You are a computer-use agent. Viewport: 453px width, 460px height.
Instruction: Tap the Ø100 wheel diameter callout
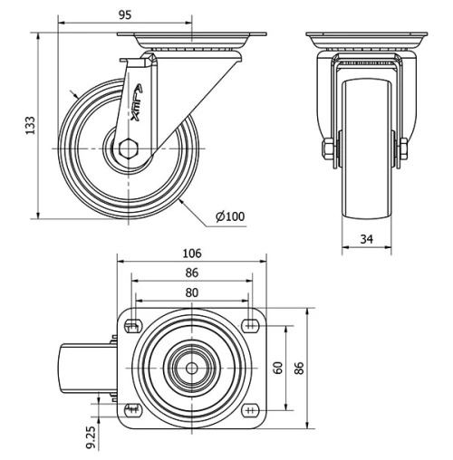tap(230, 216)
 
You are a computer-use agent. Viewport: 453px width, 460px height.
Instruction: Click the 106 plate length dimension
tap(191, 254)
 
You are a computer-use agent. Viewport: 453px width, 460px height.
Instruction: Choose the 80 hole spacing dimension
tap(191, 292)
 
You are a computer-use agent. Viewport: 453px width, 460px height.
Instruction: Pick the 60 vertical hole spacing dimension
tap(279, 367)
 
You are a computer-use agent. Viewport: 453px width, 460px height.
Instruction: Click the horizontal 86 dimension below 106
tap(191, 273)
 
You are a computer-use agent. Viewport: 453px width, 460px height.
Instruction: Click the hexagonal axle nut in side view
tap(129, 149)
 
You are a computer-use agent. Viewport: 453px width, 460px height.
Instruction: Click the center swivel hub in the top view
tap(191, 367)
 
